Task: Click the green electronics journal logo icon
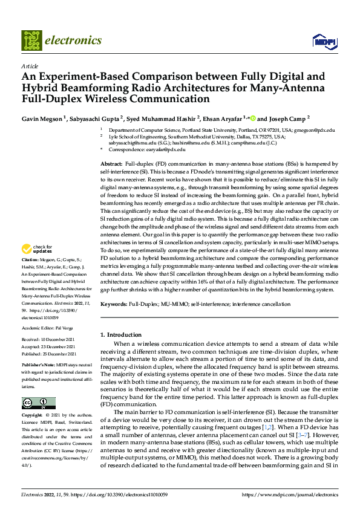click(x=31, y=41)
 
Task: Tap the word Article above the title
click(x=29, y=66)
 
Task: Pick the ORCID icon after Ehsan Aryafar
click(x=252, y=117)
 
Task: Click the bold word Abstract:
click(x=112, y=164)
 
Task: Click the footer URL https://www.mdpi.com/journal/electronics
click(x=289, y=494)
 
